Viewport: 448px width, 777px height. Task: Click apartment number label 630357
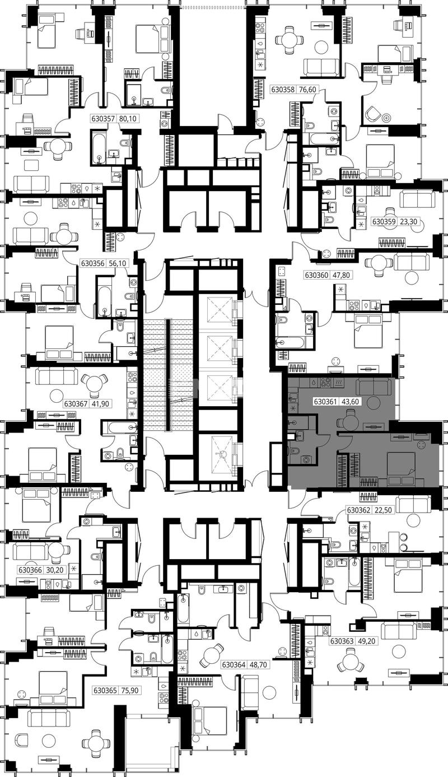(x=102, y=119)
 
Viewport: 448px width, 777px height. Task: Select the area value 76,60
(x=307, y=90)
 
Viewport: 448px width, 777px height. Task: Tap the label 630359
(x=384, y=221)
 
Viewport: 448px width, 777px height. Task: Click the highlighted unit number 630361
(x=325, y=402)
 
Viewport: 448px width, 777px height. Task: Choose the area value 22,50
(x=384, y=510)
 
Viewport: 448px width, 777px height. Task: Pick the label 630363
(x=342, y=632)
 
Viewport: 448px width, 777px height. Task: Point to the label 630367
(x=75, y=404)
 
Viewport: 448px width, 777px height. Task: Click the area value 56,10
(x=118, y=263)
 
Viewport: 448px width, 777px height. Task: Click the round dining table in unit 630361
(x=349, y=422)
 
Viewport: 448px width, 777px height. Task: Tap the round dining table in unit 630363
(x=349, y=659)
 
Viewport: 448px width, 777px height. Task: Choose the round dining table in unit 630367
(x=94, y=385)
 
